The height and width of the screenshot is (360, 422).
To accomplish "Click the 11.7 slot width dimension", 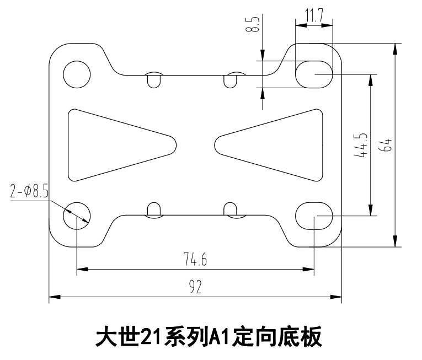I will point(314,16).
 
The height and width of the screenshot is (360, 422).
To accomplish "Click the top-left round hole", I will point(76,74).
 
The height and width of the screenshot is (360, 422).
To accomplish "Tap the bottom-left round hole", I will point(76,214).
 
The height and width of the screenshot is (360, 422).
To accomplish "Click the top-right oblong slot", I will point(314,73).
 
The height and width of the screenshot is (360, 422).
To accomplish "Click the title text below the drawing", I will point(209,336).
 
